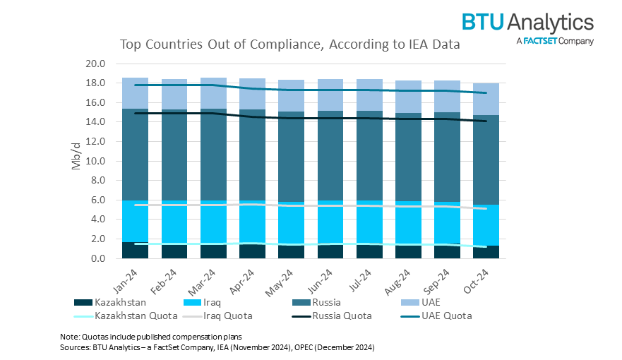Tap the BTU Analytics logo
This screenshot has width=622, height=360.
click(x=528, y=28)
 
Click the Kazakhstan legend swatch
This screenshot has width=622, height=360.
click(x=83, y=303)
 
